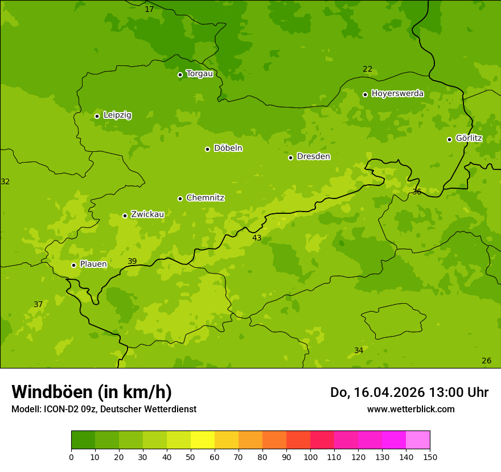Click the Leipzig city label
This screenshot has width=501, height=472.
[x=117, y=115]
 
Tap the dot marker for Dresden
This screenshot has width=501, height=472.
[x=290, y=158]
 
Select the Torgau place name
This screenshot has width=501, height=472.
[x=199, y=73]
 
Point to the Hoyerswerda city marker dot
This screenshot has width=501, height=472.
[x=365, y=94]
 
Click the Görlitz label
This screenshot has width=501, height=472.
[x=469, y=138]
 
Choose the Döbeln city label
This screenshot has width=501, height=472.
[x=228, y=148]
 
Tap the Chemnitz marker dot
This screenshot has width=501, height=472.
[x=180, y=198]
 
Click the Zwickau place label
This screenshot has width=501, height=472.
[x=147, y=214]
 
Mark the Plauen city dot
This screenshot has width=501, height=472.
[x=73, y=265]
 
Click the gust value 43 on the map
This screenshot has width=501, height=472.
[x=257, y=238]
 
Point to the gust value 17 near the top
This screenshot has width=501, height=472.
[x=149, y=9]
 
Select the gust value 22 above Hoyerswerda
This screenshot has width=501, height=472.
[x=368, y=69]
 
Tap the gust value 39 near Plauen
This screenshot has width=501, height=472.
[x=132, y=261]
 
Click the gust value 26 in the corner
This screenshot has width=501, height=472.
[x=486, y=361]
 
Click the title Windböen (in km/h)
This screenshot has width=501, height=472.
[x=92, y=392]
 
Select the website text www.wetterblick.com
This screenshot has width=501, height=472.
[x=410, y=409]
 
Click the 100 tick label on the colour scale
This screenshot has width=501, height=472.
[x=310, y=457]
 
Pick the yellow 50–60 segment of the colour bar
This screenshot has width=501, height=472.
[x=203, y=440]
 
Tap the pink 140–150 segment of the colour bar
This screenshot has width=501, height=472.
[x=418, y=440]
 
